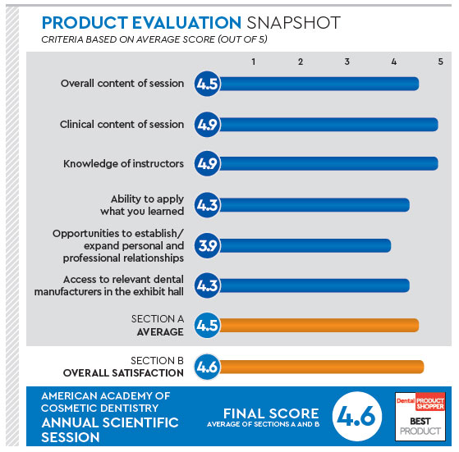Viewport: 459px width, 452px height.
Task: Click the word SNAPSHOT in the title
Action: click(294, 23)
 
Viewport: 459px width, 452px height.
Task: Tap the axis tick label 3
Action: click(347, 62)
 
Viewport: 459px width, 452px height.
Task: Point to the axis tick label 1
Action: click(254, 62)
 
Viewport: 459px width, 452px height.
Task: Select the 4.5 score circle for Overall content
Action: click(207, 84)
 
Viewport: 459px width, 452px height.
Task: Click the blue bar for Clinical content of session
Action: click(328, 125)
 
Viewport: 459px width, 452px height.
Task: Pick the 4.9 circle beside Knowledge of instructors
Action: click(207, 163)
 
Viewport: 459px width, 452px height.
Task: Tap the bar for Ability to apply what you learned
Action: click(314, 205)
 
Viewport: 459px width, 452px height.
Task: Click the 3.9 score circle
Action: click(207, 245)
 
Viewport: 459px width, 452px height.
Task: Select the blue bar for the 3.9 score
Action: click(305, 245)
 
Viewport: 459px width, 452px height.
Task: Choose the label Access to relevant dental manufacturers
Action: click(109, 285)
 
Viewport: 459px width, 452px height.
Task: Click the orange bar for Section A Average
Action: click(319, 326)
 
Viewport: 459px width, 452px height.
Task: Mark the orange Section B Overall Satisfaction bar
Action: click(322, 367)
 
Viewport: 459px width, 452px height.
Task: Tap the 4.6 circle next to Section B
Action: click(207, 367)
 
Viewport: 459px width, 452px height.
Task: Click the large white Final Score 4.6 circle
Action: click(357, 416)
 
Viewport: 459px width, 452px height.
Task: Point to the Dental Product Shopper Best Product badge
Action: click(420, 417)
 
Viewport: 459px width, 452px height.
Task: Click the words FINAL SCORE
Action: click(271, 413)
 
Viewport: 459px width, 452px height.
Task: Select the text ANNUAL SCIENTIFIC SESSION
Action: click(110, 430)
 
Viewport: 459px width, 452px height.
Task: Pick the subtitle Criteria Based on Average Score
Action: click(154, 39)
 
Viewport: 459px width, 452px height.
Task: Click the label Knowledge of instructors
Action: click(123, 164)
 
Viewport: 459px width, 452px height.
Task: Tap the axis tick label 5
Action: click(441, 62)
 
